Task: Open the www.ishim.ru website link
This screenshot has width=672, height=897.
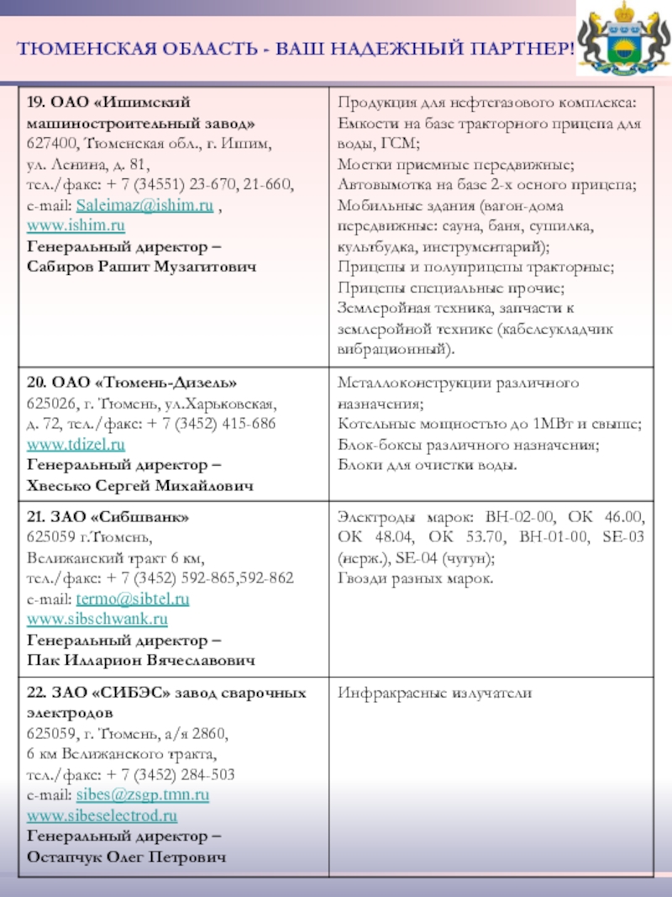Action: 76,225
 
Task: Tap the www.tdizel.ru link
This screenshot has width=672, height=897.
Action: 76,443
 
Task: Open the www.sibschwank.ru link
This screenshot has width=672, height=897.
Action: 97,620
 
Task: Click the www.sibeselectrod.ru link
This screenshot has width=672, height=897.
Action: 102,815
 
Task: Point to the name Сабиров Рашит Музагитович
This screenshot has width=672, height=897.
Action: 143,266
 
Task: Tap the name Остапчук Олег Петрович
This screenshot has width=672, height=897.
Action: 128,857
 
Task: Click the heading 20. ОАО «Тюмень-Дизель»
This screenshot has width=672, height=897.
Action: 126,383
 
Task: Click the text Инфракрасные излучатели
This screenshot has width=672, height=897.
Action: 435,693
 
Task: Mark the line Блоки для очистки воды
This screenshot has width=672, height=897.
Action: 428,465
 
